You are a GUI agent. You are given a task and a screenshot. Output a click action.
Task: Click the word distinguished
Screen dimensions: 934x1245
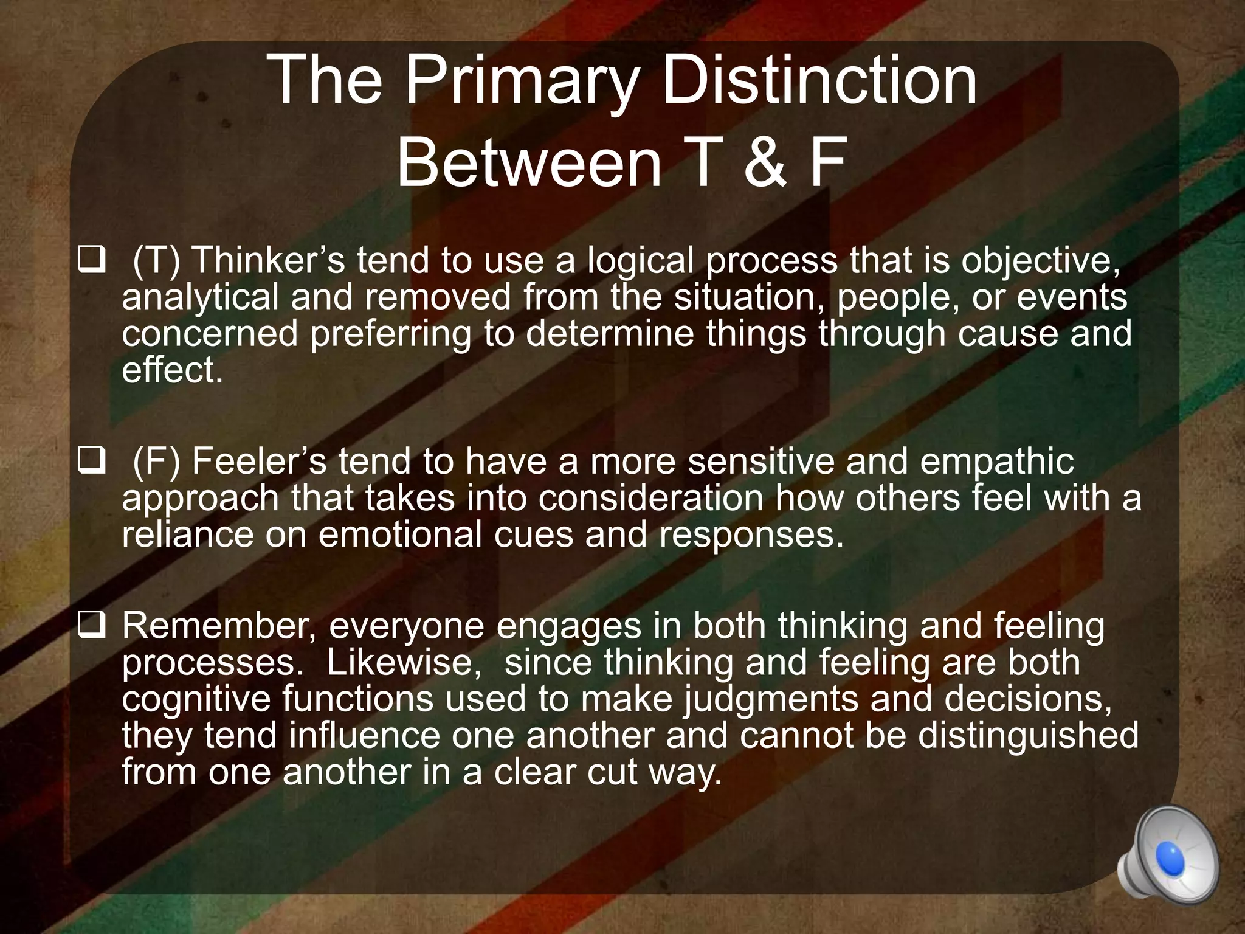[x=1027, y=736]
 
